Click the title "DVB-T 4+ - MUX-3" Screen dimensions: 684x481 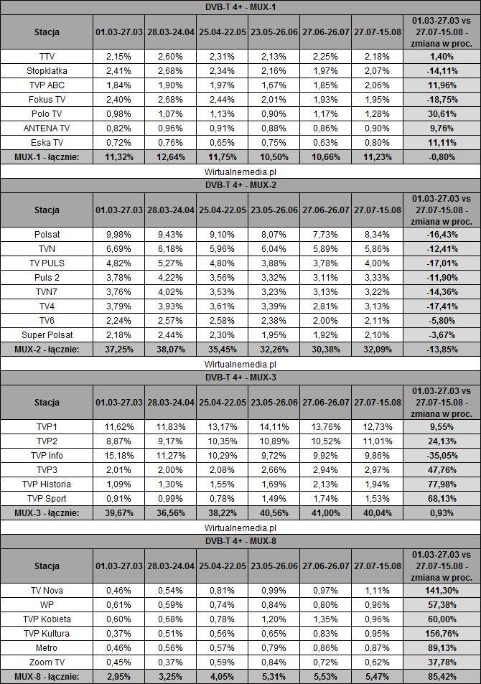pos(240,375)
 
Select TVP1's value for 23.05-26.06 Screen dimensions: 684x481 pos(275,426)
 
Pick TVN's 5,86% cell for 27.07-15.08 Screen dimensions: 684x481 pos(379,248)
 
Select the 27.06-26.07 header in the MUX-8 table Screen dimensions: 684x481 pos(327,566)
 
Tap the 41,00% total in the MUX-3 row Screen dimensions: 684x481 pos(327,512)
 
